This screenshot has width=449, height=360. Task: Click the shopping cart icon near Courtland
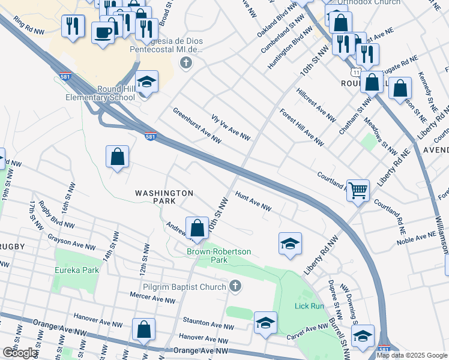click(x=358, y=190)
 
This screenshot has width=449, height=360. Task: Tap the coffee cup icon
click(x=103, y=32)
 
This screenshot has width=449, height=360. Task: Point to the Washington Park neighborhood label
click(x=164, y=197)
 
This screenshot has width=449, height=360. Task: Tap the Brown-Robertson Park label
click(x=218, y=256)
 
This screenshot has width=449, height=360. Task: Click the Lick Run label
click(x=309, y=306)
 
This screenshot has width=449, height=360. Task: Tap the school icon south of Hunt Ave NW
click(x=290, y=244)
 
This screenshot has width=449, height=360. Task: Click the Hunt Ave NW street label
click(x=253, y=202)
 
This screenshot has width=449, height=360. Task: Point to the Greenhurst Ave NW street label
click(x=197, y=126)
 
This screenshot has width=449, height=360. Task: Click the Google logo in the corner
click(x=19, y=353)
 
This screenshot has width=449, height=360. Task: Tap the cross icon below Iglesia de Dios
click(x=187, y=62)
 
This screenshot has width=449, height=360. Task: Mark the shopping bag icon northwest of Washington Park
click(x=118, y=157)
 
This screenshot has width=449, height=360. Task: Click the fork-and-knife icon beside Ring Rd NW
click(x=73, y=26)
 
